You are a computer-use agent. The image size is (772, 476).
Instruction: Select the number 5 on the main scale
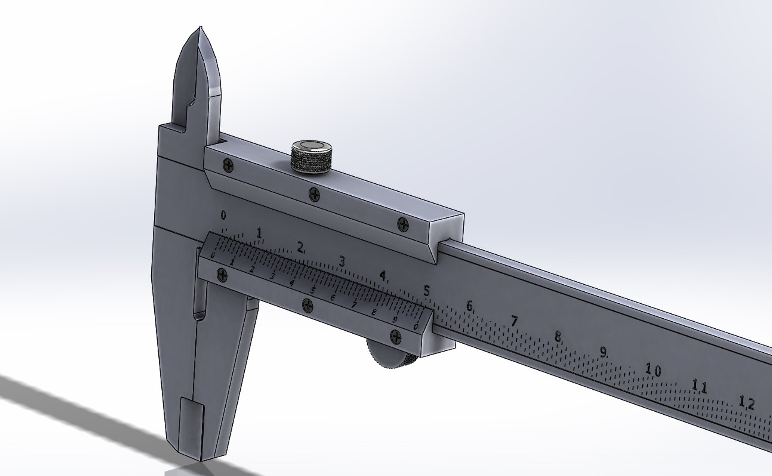(x=426, y=290)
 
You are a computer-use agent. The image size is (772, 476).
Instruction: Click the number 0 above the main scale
(x=224, y=216)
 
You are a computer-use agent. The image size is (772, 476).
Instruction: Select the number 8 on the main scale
(x=558, y=337)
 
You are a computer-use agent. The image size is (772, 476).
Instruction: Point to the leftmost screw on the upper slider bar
(x=228, y=165)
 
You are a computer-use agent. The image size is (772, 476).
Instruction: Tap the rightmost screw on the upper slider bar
(x=403, y=224)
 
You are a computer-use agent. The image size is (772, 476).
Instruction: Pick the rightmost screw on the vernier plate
(x=396, y=337)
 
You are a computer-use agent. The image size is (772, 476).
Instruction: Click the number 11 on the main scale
(x=699, y=387)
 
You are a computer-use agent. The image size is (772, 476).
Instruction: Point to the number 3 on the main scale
(x=342, y=261)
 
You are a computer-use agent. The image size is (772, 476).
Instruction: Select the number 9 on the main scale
(x=603, y=352)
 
